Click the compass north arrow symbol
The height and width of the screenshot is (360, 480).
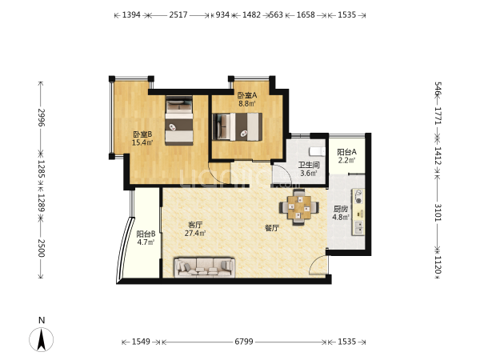42,339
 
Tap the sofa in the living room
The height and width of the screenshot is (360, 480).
205,267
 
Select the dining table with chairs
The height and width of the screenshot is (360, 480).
298,207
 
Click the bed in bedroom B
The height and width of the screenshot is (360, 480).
179,120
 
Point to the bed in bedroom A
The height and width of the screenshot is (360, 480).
238,126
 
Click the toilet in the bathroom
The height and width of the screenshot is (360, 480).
317,151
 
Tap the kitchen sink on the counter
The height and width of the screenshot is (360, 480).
358,227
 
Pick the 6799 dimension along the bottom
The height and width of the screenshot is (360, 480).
244,342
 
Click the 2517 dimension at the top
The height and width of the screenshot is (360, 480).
178,14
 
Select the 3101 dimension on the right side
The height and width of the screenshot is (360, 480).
438,213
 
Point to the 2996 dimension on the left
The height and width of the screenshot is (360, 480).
42,118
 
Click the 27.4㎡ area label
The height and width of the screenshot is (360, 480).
195,234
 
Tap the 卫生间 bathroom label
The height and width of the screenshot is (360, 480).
309,166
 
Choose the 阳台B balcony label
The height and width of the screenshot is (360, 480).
146,234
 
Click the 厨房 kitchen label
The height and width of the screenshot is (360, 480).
341,209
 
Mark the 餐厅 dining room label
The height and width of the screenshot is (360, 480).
272,228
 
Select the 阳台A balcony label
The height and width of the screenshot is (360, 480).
346,152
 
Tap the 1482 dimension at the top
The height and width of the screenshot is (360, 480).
251,14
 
